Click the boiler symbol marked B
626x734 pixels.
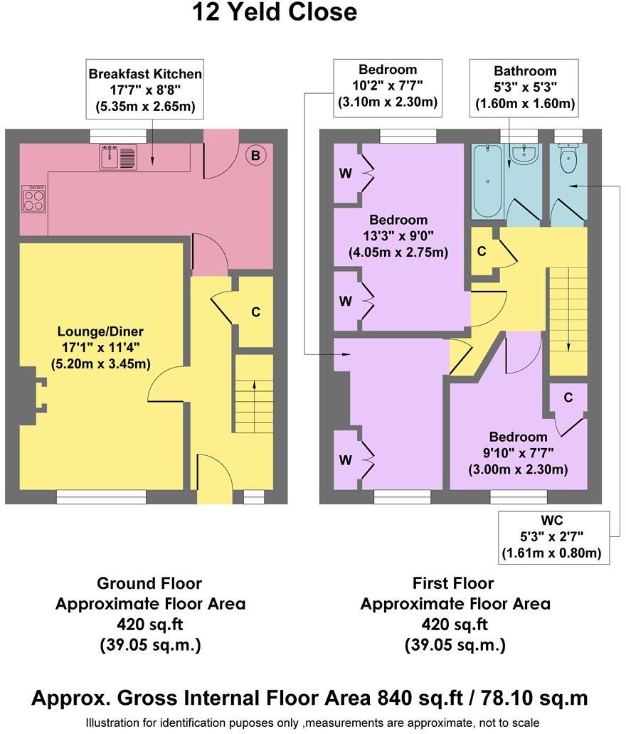255,155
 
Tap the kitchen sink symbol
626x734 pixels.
117,156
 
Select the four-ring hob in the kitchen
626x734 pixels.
33,198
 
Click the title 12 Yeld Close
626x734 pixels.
275,12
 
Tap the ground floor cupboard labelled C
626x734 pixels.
255,312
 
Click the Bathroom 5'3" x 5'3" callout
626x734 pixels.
525,87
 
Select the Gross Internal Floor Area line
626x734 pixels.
309,698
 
